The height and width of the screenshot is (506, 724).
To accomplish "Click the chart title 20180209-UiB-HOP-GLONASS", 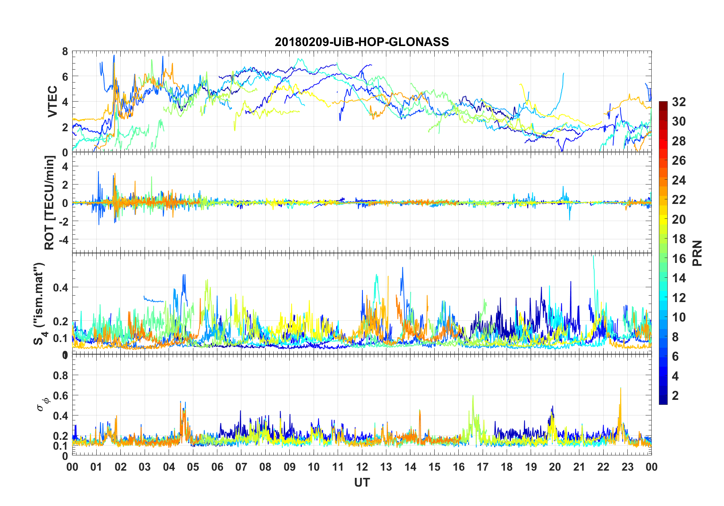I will (362, 41).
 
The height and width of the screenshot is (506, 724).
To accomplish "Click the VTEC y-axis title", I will (52, 102).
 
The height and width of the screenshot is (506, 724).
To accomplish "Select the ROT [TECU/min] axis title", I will (49, 202).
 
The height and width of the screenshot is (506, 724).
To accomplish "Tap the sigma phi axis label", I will (43, 404).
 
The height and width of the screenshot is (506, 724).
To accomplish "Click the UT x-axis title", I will (362, 482).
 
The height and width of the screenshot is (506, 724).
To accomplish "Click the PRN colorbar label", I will (697, 253).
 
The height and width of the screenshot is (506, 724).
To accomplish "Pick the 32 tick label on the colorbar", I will (679, 102).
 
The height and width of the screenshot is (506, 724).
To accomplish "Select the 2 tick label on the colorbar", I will (675, 395).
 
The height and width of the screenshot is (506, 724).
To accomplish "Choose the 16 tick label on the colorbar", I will (679, 258).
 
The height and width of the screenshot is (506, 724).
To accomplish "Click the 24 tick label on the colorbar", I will (679, 180).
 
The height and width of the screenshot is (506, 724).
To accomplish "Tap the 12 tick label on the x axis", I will (362, 467).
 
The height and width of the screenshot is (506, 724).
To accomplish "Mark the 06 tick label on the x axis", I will (217, 467).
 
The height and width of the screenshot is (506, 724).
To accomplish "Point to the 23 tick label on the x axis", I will (627, 467).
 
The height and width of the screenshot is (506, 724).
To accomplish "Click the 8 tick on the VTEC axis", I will (65, 51).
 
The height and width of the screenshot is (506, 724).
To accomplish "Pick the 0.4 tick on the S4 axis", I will (61, 287).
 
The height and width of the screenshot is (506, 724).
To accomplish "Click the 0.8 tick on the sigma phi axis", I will (61, 375).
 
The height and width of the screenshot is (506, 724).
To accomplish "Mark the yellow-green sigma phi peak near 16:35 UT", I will (473, 396).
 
